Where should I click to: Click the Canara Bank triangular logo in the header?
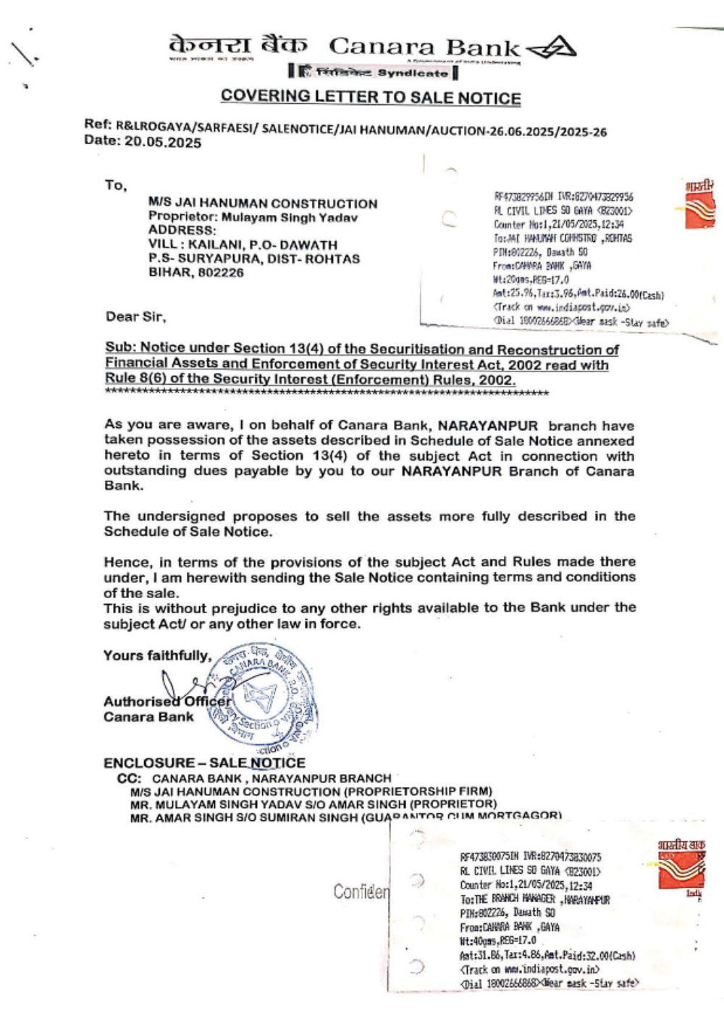[551, 49]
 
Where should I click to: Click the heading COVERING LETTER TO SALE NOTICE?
[371, 97]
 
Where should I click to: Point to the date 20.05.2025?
[163, 143]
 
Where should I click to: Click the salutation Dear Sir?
[135, 316]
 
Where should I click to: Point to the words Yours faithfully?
[157, 655]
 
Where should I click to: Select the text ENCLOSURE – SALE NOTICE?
[204, 762]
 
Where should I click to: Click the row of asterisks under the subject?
[326, 393]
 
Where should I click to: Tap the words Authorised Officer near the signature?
[167, 701]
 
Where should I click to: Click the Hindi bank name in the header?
[237, 45]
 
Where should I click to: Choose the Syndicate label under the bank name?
[413, 73]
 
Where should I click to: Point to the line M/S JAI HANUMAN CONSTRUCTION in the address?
[263, 203]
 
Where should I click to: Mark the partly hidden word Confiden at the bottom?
[361, 891]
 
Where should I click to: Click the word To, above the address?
[115, 185]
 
